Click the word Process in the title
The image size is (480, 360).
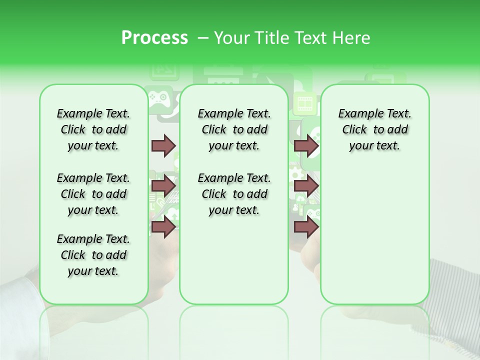click(154, 38)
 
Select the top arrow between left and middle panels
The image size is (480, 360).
click(163, 146)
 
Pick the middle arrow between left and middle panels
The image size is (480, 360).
click(163, 186)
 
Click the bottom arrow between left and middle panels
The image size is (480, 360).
click(163, 227)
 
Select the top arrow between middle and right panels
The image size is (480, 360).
click(306, 146)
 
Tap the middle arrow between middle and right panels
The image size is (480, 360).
click(306, 186)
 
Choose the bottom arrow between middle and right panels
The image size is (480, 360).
click(306, 227)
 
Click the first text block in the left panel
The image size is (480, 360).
click(93, 129)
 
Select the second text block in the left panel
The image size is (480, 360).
click(93, 194)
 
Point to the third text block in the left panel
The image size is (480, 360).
click(93, 255)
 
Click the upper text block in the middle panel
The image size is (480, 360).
click(234, 129)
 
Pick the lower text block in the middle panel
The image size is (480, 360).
click(234, 194)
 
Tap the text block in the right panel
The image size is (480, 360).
click(375, 129)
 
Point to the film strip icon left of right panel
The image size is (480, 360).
click(304, 103)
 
